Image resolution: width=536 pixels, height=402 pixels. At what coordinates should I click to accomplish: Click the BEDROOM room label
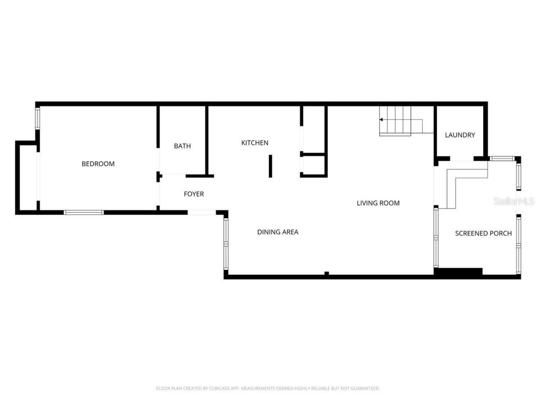coord(98,164)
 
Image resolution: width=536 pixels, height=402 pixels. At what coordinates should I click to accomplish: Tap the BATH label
coord(182,146)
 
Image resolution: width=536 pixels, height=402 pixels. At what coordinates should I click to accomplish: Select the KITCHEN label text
coord(255,143)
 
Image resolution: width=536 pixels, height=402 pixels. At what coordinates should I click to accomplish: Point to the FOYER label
coord(194,194)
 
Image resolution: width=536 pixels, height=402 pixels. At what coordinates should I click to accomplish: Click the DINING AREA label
coord(278,232)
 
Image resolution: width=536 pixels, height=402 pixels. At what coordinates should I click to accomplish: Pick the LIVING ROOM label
coord(378,203)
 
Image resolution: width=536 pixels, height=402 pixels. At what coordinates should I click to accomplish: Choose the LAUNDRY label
coord(460,135)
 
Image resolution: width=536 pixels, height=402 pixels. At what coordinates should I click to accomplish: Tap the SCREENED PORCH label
coord(483,233)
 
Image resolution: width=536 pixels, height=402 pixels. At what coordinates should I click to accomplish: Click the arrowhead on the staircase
coord(381,120)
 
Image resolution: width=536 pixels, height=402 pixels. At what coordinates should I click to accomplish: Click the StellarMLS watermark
coord(514,201)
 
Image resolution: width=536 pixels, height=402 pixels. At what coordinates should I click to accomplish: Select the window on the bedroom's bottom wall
coord(84,212)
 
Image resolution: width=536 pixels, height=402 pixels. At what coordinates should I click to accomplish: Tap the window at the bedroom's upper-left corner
coord(37,118)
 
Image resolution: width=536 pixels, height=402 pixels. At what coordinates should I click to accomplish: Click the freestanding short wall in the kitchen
coord(271,166)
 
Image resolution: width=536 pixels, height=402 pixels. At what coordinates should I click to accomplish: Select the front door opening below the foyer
coord(201,213)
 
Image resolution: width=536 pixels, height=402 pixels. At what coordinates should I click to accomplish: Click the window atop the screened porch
coord(502,158)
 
